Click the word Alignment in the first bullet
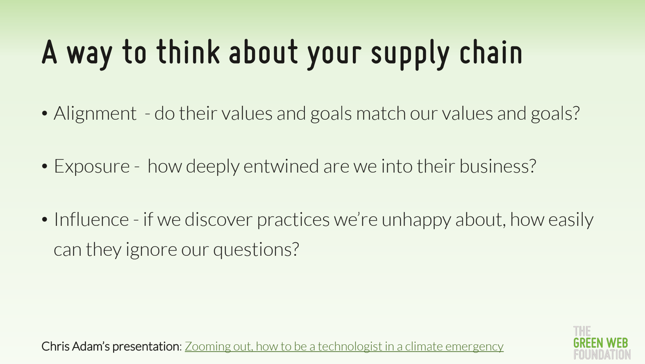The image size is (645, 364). [95, 114]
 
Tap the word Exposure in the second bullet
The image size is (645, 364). [92, 166]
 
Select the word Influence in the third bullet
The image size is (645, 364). [91, 219]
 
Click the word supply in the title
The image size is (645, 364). [410, 55]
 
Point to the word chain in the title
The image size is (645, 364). [491, 52]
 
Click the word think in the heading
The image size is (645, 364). [188, 52]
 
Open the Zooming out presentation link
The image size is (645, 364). [344, 346]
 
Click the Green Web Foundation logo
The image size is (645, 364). [602, 343]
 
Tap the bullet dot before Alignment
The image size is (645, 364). [44, 114]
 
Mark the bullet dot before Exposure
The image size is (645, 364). [44, 166]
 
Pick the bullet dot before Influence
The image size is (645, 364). [44, 219]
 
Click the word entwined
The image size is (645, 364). [281, 166]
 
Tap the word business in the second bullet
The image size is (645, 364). [498, 166]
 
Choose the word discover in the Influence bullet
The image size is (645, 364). [218, 219]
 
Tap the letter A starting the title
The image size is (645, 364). [49, 52]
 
